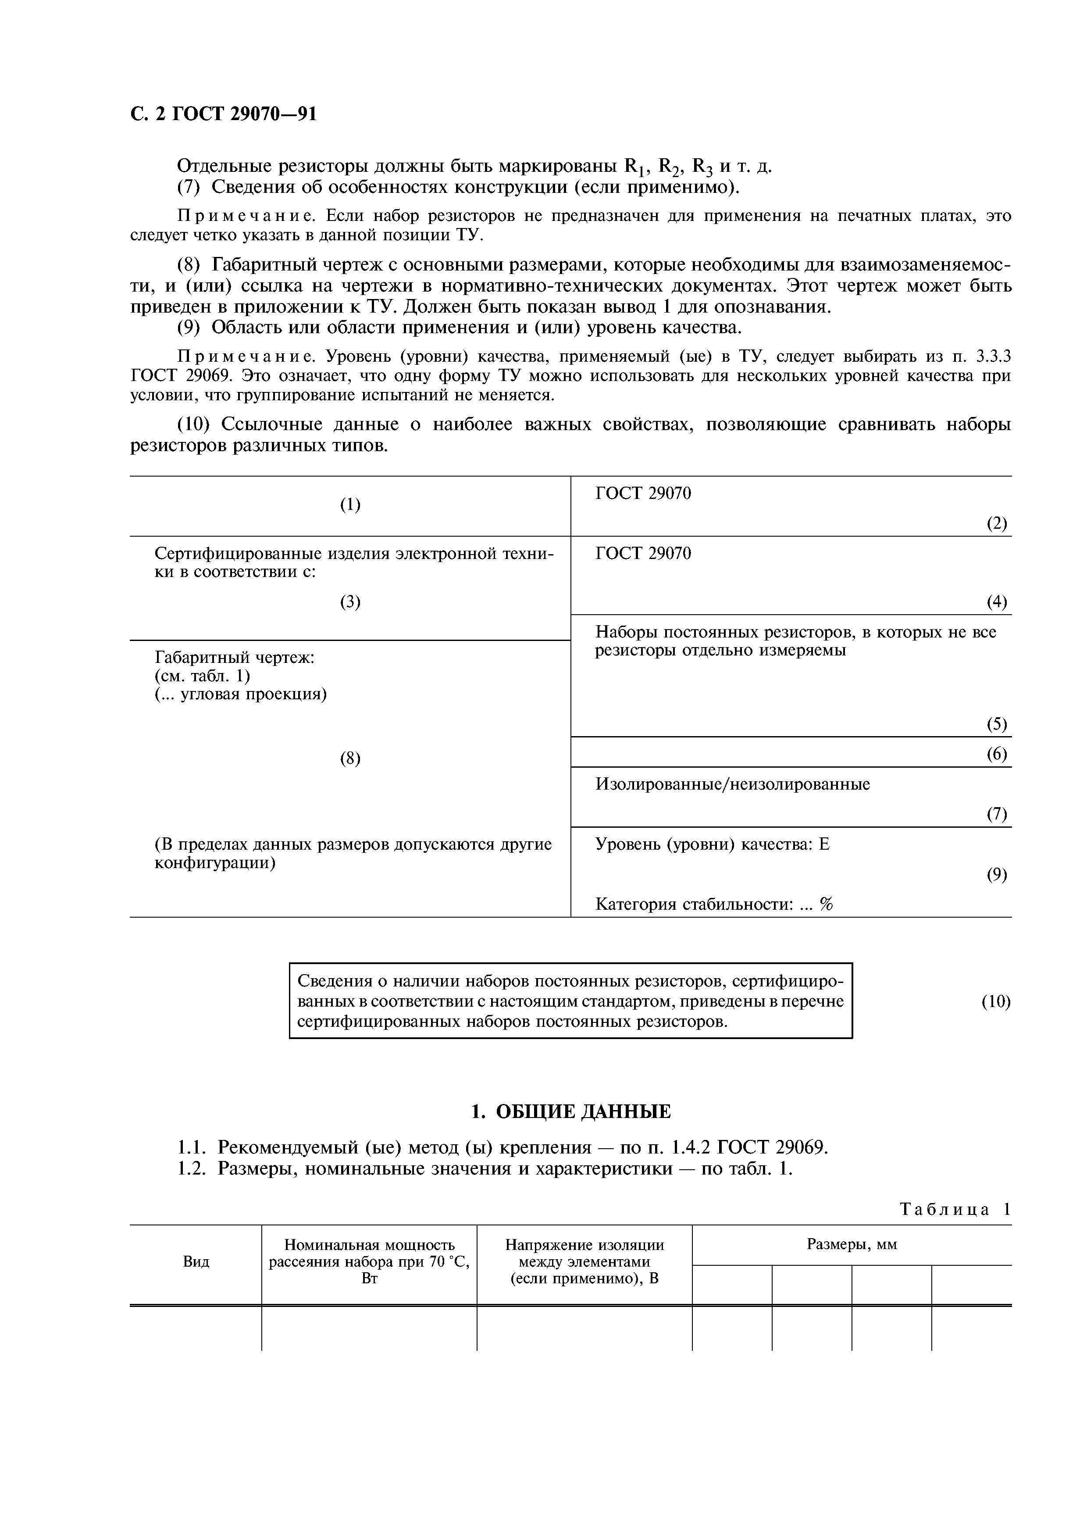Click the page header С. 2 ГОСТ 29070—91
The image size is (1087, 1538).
point(223,114)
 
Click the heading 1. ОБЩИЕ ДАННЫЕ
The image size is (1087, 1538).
point(570,1112)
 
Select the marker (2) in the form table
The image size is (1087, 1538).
point(997,523)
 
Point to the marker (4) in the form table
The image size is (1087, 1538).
point(997,602)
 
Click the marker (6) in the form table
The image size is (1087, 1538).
point(997,754)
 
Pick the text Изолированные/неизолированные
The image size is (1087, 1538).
point(733,784)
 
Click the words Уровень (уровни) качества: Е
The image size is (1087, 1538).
point(712,845)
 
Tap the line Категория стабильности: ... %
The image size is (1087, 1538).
point(714,905)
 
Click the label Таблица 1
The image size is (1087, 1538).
point(955,1210)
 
